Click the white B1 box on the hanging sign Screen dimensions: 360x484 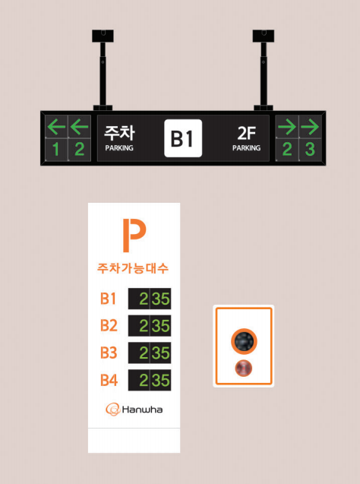click(x=183, y=138)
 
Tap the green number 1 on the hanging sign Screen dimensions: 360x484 click(x=56, y=150)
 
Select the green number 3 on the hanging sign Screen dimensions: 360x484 click(x=310, y=150)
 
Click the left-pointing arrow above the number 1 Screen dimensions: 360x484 click(x=56, y=127)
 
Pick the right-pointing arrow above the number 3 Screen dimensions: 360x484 click(x=310, y=127)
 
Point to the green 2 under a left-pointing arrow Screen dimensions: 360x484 click(x=79, y=150)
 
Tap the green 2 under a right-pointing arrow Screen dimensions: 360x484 click(x=287, y=150)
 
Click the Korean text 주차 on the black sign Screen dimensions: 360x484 click(x=119, y=133)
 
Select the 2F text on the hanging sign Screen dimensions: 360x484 click(x=247, y=134)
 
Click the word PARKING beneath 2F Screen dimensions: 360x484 click(x=246, y=148)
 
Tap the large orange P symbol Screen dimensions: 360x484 click(x=134, y=236)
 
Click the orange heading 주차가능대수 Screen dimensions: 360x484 click(x=133, y=268)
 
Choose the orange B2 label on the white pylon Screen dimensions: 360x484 click(x=109, y=326)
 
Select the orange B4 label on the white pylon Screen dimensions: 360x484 click(x=109, y=380)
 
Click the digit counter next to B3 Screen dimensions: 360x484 click(x=150, y=353)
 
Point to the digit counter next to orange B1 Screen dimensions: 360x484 click(x=150, y=299)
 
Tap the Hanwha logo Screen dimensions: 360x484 click(x=134, y=410)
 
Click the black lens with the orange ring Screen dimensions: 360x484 click(x=244, y=341)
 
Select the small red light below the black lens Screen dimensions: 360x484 click(x=244, y=369)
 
